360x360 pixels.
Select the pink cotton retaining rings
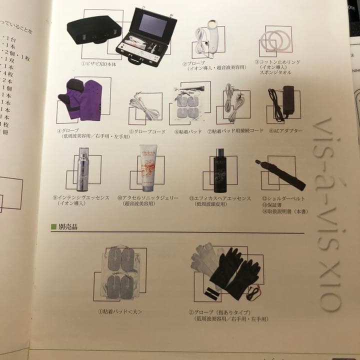(273, 41)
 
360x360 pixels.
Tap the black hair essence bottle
(219, 170)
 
